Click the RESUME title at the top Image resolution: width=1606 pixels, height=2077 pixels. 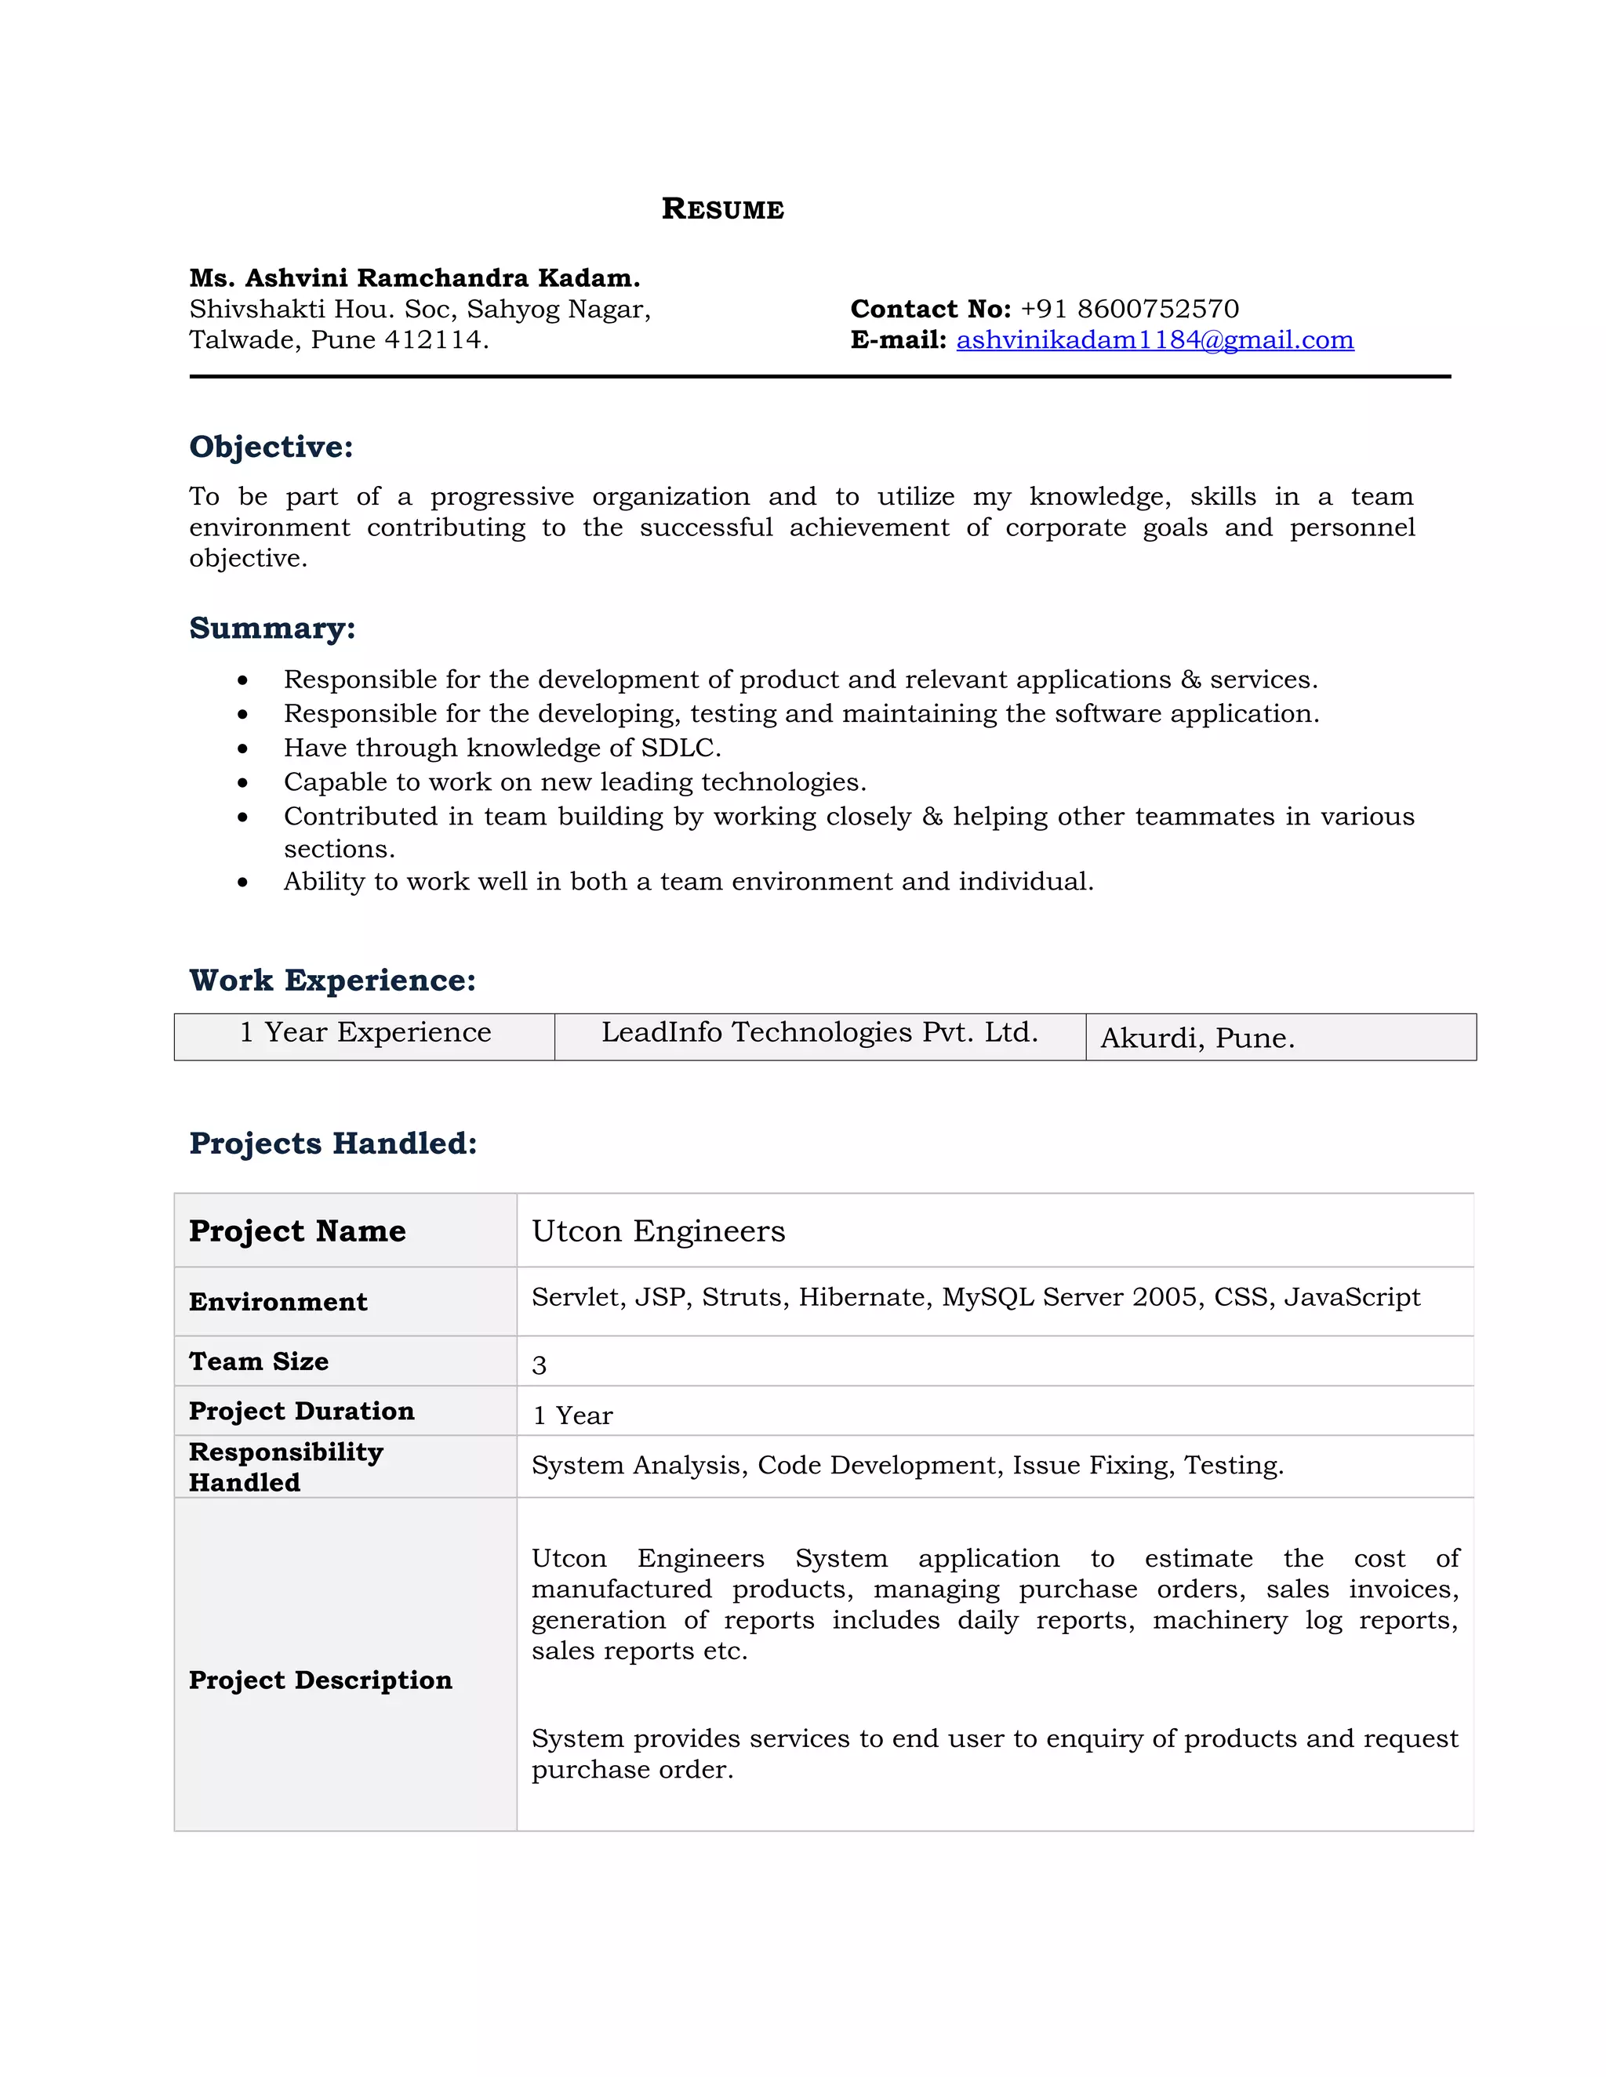(722, 209)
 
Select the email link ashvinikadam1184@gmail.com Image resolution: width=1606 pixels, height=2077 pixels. (1154, 340)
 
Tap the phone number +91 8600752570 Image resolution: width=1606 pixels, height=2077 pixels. (1129, 309)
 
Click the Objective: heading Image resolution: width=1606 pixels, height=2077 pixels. (271, 447)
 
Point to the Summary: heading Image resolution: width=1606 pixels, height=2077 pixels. (272, 629)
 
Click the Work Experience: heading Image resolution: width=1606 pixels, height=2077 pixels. (332, 981)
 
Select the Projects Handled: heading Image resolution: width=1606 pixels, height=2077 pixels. (333, 1143)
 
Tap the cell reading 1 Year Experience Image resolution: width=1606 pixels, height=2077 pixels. (365, 1033)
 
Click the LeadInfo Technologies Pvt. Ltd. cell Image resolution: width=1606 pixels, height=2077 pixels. (819, 1033)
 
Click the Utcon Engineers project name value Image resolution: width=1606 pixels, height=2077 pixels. (659, 1231)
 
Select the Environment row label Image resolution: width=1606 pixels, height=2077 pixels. (278, 1302)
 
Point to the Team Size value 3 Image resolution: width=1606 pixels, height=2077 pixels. (540, 1365)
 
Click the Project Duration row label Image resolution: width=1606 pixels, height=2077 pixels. (302, 1412)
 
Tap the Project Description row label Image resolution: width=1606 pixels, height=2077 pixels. (321, 1680)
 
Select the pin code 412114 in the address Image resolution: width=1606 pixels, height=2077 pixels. (433, 340)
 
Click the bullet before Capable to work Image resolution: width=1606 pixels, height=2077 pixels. (244, 784)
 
